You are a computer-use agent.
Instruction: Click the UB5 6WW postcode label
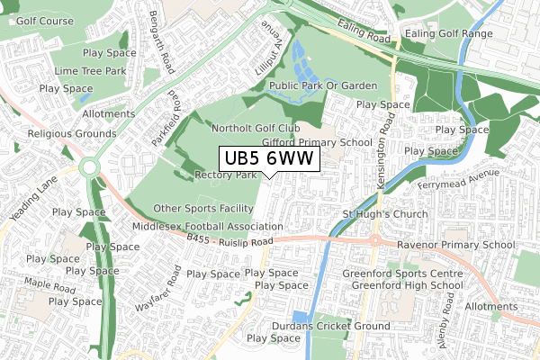tap(270, 158)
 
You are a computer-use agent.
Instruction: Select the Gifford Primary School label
tap(317, 142)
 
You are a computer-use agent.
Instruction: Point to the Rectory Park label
tap(226, 175)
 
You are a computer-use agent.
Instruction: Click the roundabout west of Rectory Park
tap(90, 167)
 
